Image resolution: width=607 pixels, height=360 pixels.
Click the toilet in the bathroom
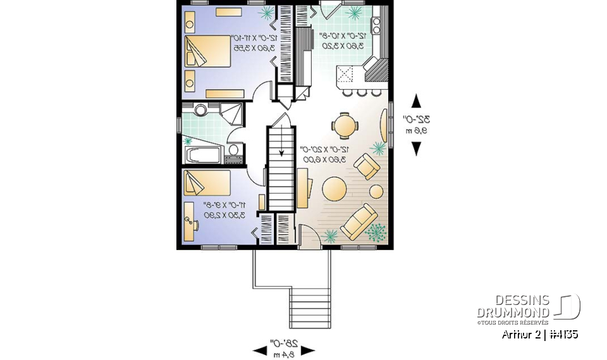233,151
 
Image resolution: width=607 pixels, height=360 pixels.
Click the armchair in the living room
367,168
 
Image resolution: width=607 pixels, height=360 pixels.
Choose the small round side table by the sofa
376,191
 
